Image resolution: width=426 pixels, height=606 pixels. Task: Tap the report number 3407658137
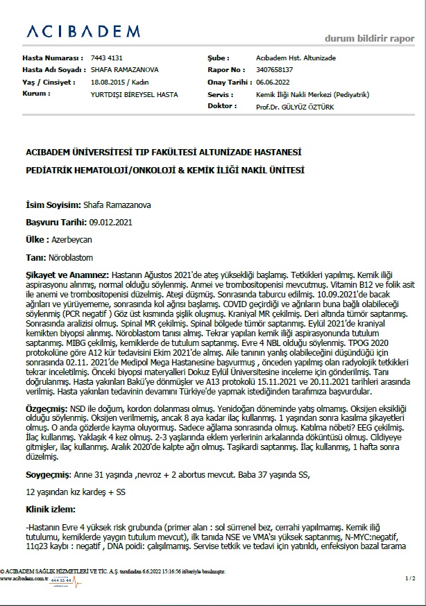coord(274,70)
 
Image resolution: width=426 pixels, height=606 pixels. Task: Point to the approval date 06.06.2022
coord(273,82)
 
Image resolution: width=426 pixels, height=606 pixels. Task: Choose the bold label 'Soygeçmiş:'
coord(49,475)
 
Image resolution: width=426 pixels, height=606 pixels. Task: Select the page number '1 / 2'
coord(410,578)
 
